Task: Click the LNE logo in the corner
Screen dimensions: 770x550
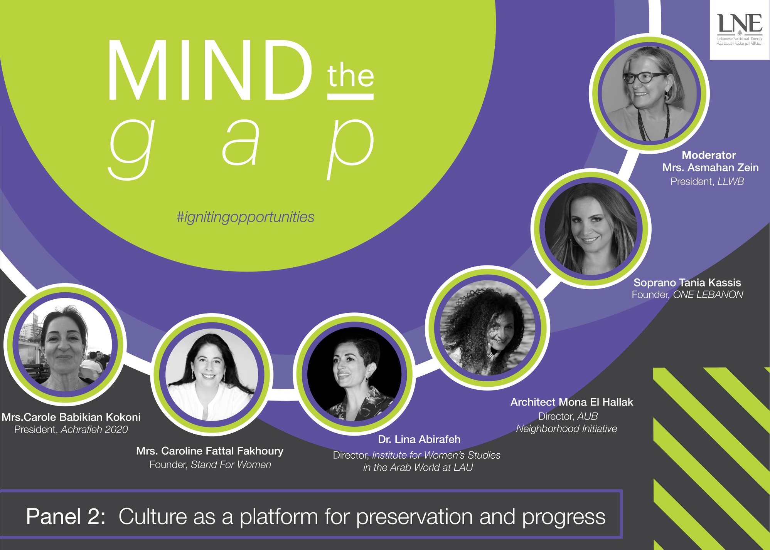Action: [x=740, y=29]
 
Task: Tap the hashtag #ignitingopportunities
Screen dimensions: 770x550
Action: [x=245, y=217]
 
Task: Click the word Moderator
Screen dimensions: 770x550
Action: [x=709, y=155]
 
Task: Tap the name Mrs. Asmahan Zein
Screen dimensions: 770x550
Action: [x=710, y=168]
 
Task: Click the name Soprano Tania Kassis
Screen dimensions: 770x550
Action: [x=687, y=283]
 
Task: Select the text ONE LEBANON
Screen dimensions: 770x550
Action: [x=708, y=295]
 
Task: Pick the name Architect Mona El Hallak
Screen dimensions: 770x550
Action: [x=572, y=402]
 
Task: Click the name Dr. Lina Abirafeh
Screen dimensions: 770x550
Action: [x=419, y=439]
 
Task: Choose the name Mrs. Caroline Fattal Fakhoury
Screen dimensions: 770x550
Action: [x=210, y=451]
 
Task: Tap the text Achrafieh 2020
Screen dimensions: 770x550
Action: [x=94, y=429]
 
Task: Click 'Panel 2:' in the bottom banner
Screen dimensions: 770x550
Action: [x=66, y=516]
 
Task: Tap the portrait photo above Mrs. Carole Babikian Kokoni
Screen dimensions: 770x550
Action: [x=63, y=344]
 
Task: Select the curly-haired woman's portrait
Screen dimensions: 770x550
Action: [x=488, y=328]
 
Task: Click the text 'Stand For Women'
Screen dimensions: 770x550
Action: [x=231, y=464]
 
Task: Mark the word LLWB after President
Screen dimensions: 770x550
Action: [x=730, y=181]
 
